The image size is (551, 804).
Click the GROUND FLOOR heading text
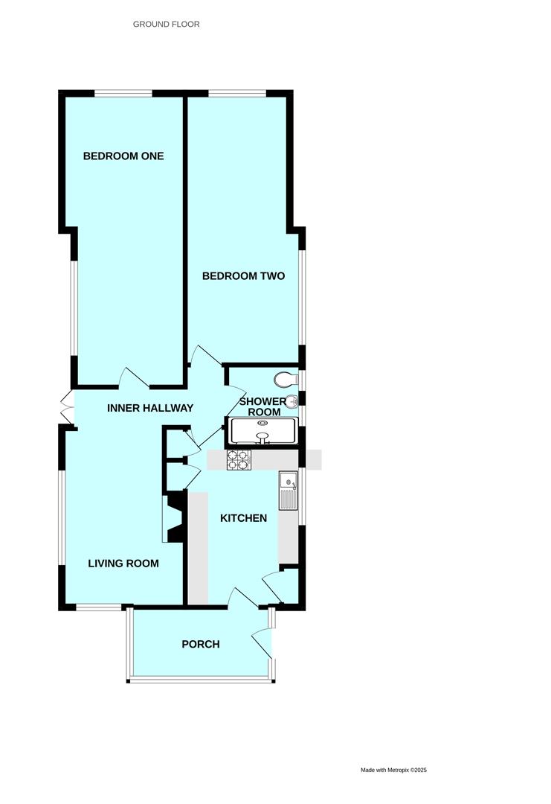166,25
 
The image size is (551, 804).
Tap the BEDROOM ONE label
123,156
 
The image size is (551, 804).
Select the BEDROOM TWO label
244,276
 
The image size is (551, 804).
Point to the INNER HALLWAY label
150,408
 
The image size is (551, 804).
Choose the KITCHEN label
243,518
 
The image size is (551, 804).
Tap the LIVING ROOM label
123,564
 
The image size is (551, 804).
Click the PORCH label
201,644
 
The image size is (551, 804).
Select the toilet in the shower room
286,380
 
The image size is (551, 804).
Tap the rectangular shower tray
264,431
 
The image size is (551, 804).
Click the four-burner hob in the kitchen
239,460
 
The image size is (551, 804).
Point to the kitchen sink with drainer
288,491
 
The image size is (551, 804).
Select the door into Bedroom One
134,378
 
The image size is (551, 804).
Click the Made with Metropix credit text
393,770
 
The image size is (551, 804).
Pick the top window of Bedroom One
123,93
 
